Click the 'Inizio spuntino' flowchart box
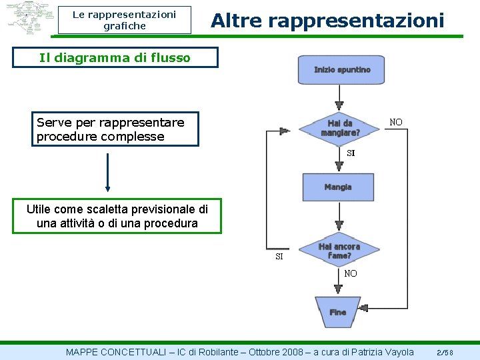pos(342,70)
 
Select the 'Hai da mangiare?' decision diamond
pos(340,128)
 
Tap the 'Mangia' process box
pos(338,187)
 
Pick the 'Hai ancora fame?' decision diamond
pos(339,251)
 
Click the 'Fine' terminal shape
pos(338,312)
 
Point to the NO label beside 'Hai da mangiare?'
pos(396,122)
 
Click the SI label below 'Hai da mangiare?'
pos(351,153)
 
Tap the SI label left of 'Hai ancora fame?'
pos(279,257)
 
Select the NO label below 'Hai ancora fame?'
pos(351,274)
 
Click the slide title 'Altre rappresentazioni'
pos(327,21)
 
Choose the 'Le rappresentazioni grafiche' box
pos(124,20)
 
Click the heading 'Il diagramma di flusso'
pos(115,57)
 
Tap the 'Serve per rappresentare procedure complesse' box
pos(117,129)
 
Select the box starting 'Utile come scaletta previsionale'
pos(117,216)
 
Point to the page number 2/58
pos(445,352)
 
